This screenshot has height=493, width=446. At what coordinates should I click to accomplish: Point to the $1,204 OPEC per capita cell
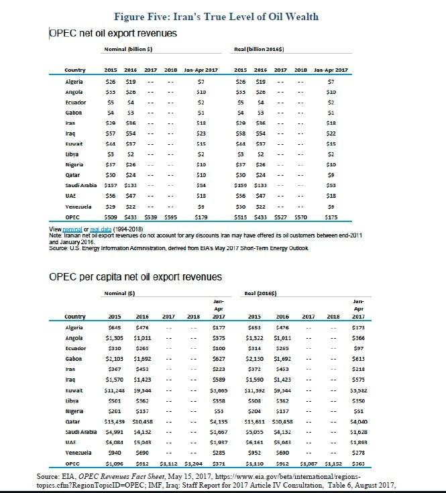click(x=193, y=463)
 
